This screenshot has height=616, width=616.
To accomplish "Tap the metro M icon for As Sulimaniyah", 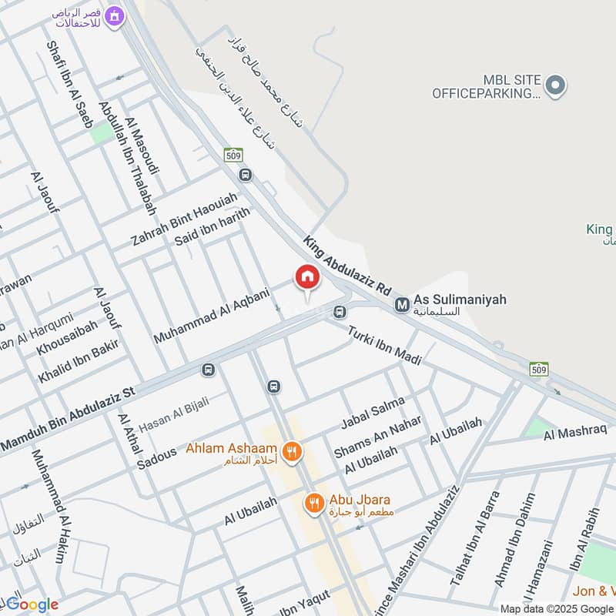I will tap(402, 305).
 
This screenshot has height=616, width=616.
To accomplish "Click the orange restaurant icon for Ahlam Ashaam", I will tap(291, 452).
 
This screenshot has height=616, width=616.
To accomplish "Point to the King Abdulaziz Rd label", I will tap(346, 267).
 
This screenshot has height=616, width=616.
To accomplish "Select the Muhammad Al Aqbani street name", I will tap(212, 316).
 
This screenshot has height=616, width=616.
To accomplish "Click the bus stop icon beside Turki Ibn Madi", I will tap(339, 312).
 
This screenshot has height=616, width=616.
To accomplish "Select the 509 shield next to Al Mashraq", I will tap(539, 369).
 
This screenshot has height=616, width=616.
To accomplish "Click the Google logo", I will tap(32, 604).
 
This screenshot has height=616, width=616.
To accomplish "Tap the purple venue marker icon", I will tap(115, 15).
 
